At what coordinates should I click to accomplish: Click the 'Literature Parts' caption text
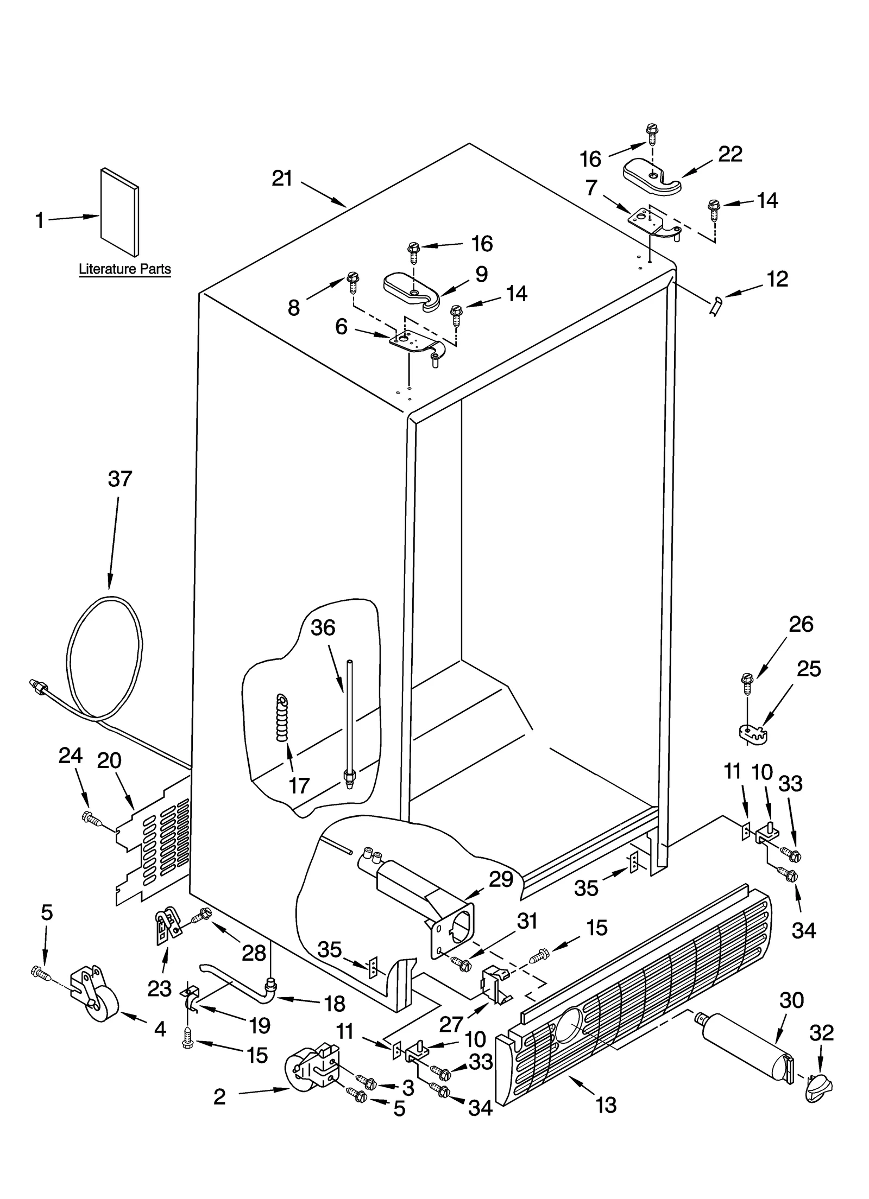[124, 269]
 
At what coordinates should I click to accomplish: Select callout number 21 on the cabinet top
[282, 179]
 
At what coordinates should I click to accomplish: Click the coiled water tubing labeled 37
[106, 659]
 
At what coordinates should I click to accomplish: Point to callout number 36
[323, 628]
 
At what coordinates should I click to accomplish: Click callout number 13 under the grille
[606, 1105]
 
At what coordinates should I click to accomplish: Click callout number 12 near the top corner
[777, 279]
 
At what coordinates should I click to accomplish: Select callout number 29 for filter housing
[501, 880]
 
